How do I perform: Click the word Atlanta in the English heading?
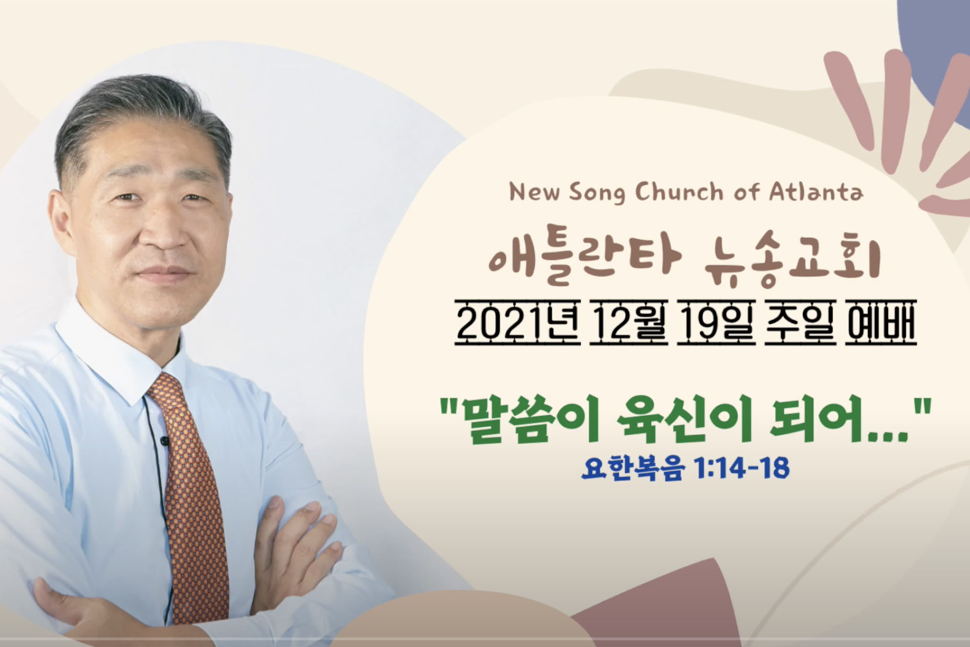816,192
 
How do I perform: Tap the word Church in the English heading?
680,192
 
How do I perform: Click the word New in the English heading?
534,193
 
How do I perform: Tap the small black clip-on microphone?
165,441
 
